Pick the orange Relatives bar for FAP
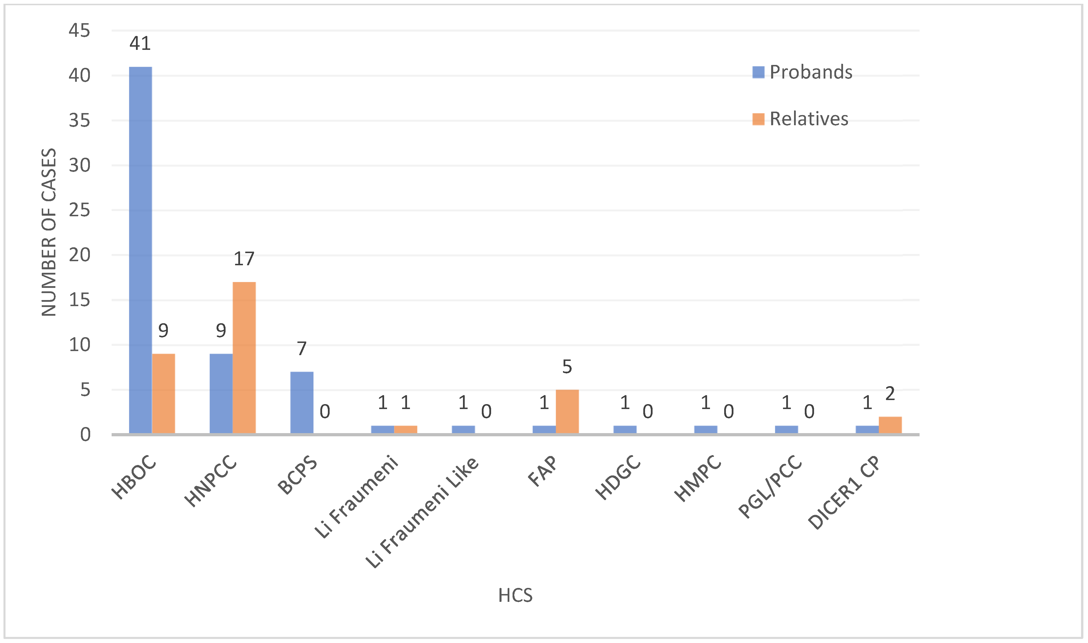pyautogui.click(x=567, y=412)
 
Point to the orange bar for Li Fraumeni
pyautogui.click(x=406, y=429)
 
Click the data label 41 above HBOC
pyautogui.click(x=140, y=43)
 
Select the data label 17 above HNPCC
pyautogui.click(x=244, y=259)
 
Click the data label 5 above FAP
pyautogui.click(x=567, y=366)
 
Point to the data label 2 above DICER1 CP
pyautogui.click(x=890, y=393)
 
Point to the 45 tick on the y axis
pyautogui.click(x=79, y=30)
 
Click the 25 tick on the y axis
pyautogui.click(x=79, y=210)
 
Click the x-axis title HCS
pyautogui.click(x=515, y=595)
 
